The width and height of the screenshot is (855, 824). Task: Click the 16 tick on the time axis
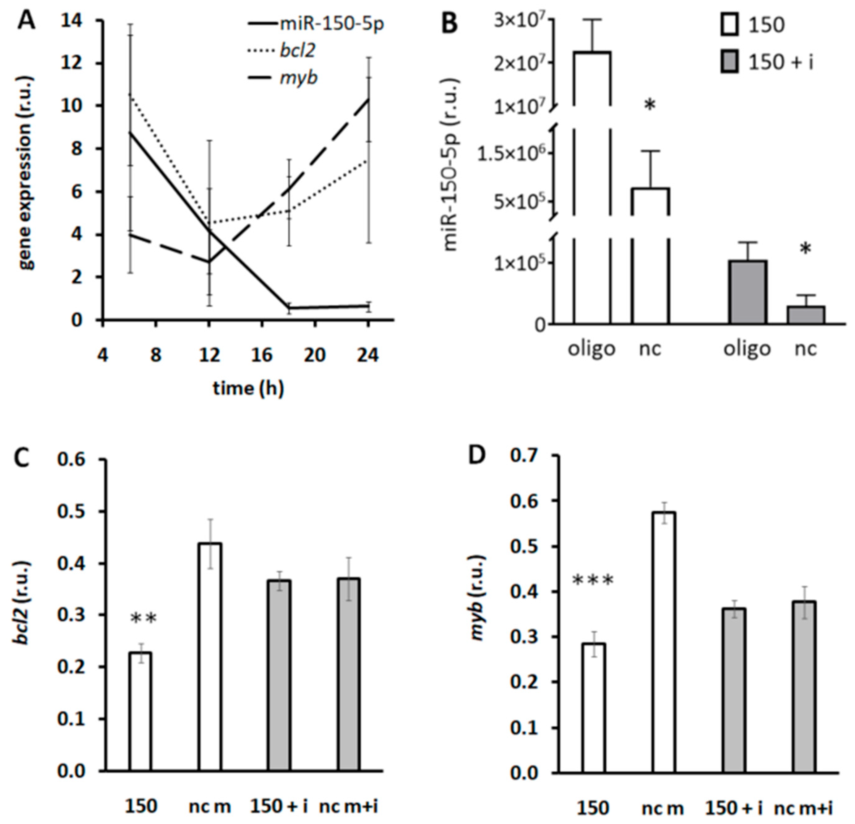click(x=262, y=355)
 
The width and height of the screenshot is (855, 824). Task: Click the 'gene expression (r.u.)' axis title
click(x=27, y=172)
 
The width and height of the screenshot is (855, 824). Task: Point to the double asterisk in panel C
click(x=144, y=618)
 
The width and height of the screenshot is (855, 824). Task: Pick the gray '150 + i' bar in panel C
click(x=279, y=676)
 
